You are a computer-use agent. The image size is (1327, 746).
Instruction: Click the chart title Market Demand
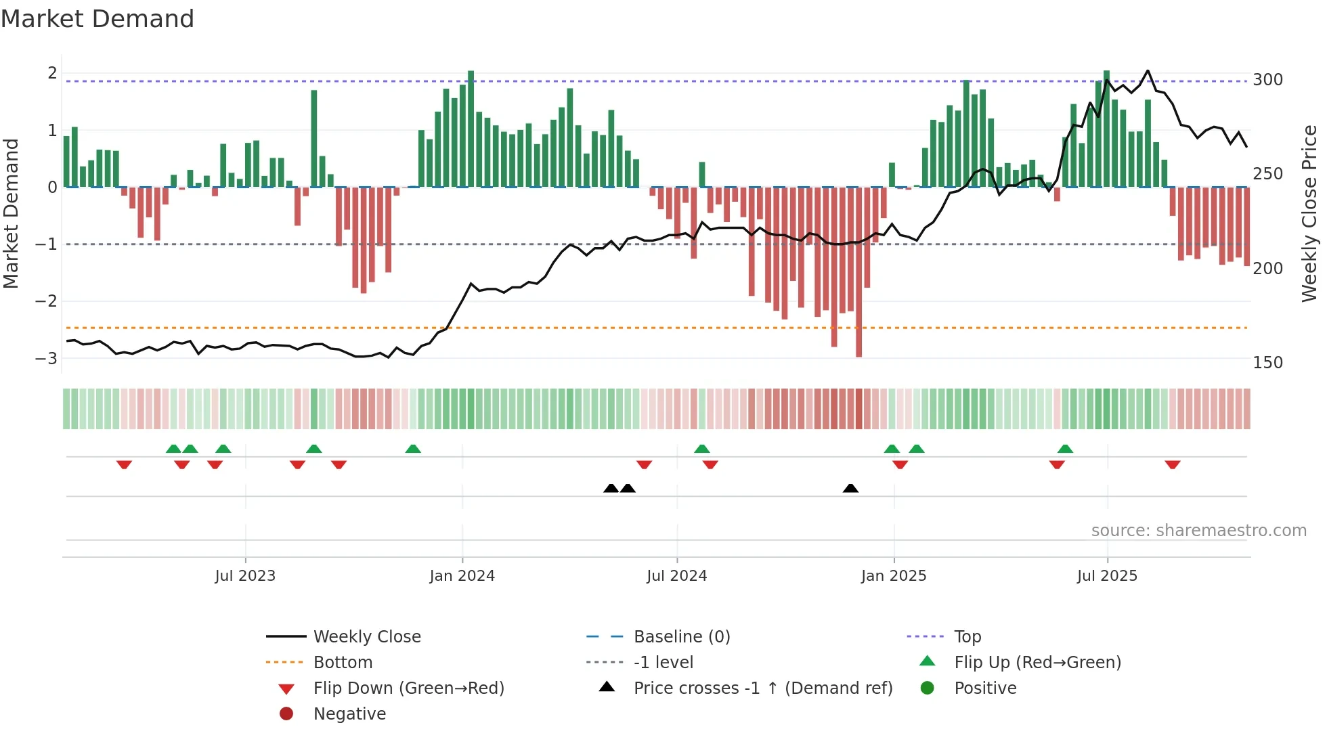[x=97, y=19]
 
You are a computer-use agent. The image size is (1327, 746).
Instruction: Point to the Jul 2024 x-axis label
[x=676, y=576]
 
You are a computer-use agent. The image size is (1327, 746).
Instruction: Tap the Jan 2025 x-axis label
[x=893, y=576]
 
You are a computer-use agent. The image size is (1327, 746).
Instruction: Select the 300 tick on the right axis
[x=1267, y=80]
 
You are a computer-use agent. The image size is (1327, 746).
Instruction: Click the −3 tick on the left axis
[x=46, y=358]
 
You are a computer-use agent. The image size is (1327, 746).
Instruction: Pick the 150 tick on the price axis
[x=1267, y=363]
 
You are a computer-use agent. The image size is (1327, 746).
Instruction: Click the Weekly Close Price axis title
[x=1309, y=213]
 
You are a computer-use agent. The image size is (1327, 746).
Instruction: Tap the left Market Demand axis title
[x=12, y=213]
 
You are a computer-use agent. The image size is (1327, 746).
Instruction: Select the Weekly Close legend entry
[x=366, y=637]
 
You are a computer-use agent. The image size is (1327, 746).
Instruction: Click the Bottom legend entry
[x=343, y=663]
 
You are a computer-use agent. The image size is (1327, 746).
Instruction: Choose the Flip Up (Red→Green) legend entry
[x=1037, y=663]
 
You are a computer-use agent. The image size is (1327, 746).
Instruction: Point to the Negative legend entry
[x=349, y=714]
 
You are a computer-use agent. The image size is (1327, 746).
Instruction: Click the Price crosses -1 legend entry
[x=762, y=688]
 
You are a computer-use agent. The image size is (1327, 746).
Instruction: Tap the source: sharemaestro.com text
[x=1198, y=531]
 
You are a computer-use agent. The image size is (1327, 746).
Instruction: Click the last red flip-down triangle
[x=1173, y=464]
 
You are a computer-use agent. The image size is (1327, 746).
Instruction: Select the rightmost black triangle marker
[x=850, y=488]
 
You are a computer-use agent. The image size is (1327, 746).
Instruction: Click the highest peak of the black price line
[x=1148, y=70]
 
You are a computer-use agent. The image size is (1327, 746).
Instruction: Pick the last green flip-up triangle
[x=1065, y=449]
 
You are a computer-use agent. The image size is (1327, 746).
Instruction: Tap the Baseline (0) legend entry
[x=681, y=637]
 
